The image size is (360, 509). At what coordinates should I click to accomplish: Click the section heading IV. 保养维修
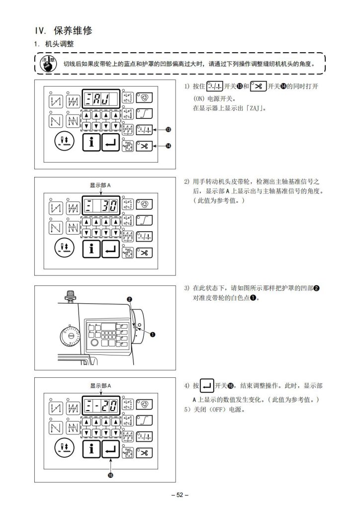63,30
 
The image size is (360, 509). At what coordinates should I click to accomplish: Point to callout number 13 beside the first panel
168,130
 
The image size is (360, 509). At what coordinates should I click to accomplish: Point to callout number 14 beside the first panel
168,146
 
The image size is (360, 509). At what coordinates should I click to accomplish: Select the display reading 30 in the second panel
101,205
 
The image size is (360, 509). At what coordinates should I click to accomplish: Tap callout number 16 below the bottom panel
110,475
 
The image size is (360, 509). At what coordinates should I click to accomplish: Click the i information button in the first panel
91,143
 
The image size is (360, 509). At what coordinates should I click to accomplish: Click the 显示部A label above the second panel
100,185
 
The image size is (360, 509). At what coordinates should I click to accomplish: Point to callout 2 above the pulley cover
129,299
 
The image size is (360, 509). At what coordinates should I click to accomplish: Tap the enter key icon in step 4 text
208,385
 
